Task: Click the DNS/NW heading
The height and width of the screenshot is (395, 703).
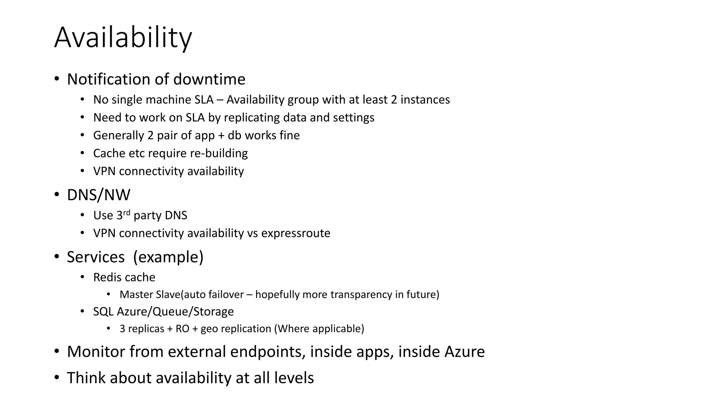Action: [x=99, y=195]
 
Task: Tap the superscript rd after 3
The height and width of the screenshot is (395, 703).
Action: [x=127, y=213]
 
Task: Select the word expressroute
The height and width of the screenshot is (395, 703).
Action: [x=296, y=233]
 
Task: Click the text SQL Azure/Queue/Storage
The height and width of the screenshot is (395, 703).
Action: [x=163, y=311]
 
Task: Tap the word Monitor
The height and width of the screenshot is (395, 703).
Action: [x=96, y=351]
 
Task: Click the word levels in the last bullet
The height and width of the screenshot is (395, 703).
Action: [x=294, y=378]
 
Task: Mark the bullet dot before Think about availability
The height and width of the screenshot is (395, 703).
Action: [x=57, y=378]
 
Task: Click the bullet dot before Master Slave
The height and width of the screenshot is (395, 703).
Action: [x=108, y=294]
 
